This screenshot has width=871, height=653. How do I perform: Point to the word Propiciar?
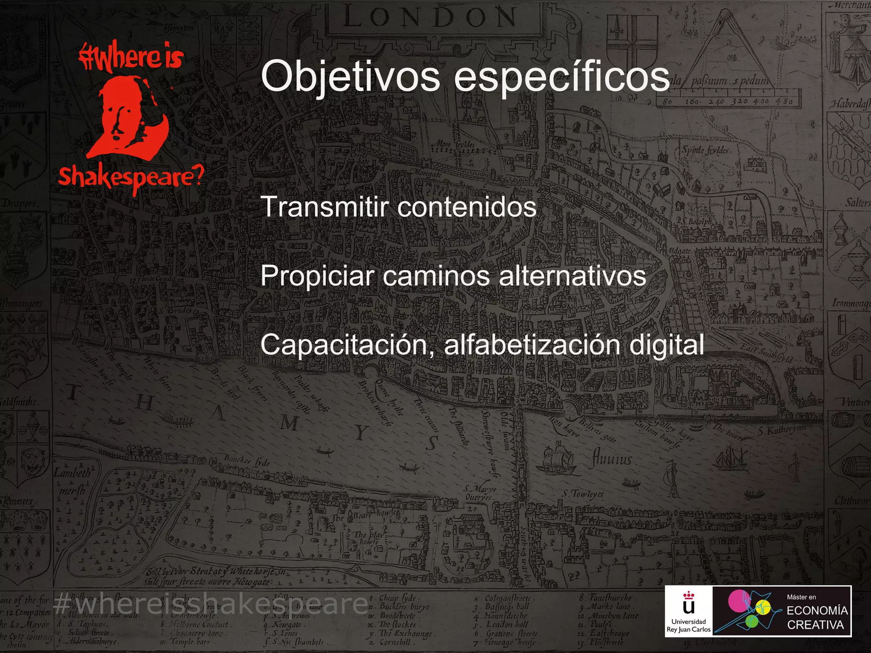317,276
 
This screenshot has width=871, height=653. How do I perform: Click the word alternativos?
572,276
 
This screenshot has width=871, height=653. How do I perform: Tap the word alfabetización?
532,345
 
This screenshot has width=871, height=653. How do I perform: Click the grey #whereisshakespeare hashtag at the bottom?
211,604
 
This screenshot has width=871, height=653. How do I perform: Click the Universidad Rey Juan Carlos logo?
689,611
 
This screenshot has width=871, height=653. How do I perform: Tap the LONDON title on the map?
430,18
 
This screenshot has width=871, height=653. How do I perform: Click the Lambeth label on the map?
72,473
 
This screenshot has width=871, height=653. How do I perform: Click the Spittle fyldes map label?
706,150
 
